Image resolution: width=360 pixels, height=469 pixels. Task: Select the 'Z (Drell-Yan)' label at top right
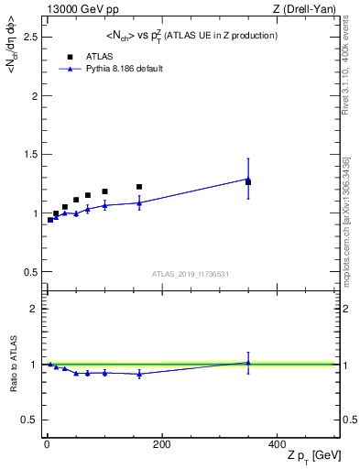pos(305,9)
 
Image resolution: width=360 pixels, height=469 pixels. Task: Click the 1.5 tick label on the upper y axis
pos(29,154)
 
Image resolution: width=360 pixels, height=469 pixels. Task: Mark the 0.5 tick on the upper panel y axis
pos(29,272)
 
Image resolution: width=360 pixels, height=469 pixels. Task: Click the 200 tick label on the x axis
pos(161,444)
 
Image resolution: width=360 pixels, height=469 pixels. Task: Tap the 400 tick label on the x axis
pos(276,444)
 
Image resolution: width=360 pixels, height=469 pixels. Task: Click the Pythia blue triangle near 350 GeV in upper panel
pos(248,180)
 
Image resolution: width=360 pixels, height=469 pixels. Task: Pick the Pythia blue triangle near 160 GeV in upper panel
pos(139,202)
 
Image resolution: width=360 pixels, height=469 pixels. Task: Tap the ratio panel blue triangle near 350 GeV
pos(248,363)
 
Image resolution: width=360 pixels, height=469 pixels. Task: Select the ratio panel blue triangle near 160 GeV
pos(139,374)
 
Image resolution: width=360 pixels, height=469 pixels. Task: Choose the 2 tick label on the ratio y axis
pos(33,309)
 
